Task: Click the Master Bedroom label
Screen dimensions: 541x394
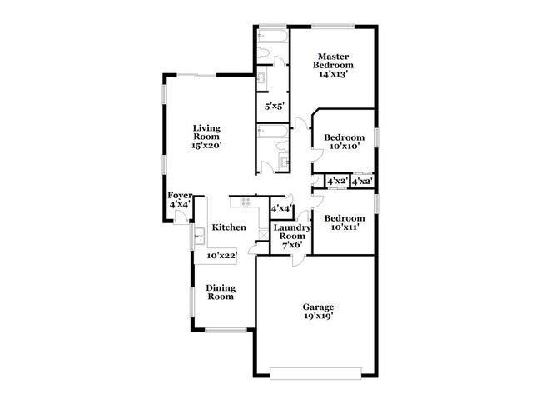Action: click(x=333, y=61)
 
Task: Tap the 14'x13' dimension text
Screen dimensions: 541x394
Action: click(x=333, y=74)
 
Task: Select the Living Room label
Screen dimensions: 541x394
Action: click(x=206, y=132)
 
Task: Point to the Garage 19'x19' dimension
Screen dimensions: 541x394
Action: click(x=318, y=316)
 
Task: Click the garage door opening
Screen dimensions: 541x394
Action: click(x=315, y=374)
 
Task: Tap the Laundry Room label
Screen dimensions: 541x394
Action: click(x=292, y=232)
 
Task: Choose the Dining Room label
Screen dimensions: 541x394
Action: click(x=221, y=292)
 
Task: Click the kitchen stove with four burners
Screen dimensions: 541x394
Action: click(x=246, y=202)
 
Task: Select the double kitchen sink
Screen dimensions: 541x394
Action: click(x=200, y=237)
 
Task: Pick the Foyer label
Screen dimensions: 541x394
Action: click(x=180, y=196)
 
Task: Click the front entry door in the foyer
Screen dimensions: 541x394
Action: click(x=181, y=217)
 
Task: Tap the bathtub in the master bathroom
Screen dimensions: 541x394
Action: click(x=272, y=37)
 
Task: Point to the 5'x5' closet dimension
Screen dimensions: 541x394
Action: click(x=275, y=107)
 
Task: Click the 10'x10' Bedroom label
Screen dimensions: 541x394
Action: click(x=344, y=137)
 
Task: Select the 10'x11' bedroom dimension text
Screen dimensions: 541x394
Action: click(x=345, y=227)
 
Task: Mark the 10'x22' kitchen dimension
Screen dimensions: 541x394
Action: click(x=222, y=256)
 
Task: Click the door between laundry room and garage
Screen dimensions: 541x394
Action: click(x=299, y=261)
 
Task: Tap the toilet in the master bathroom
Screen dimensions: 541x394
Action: click(x=263, y=52)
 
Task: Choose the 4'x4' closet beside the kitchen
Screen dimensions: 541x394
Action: click(x=282, y=208)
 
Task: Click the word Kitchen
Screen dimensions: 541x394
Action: click(x=229, y=227)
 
